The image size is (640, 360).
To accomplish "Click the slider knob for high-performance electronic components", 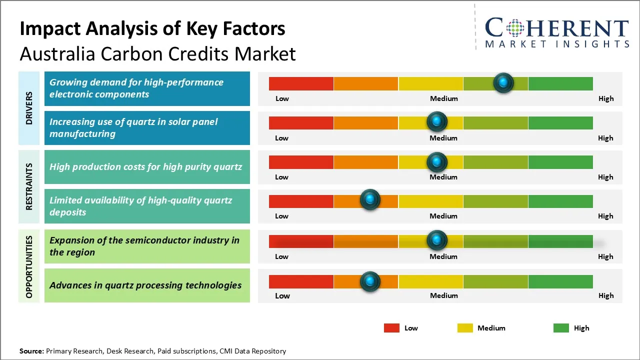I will (x=503, y=82).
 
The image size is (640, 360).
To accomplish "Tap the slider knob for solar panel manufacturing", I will (x=437, y=121).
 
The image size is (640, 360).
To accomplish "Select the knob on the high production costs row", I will (x=437, y=161).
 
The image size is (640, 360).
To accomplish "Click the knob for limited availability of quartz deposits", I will (x=370, y=200).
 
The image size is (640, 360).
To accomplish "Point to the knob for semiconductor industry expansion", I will (x=437, y=240).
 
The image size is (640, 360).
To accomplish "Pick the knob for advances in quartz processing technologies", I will (x=370, y=281).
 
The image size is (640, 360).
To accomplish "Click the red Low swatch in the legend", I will (x=391, y=328).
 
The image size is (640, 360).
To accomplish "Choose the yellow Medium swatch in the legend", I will (x=465, y=328).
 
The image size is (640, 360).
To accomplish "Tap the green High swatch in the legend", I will (x=561, y=328).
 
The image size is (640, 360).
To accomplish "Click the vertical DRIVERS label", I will (x=29, y=108).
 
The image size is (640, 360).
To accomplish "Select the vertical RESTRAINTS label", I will (x=29, y=186).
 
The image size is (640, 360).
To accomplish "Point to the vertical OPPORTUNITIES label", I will (x=29, y=266).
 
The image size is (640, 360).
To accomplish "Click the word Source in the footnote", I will (x=31, y=351).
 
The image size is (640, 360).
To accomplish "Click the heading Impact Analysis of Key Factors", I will (x=152, y=29).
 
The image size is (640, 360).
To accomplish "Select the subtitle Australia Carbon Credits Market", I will (x=157, y=53).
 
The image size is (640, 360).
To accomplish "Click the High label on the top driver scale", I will (x=605, y=98).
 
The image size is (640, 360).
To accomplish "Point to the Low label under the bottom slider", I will (x=282, y=295).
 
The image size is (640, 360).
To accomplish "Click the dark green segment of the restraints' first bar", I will (x=560, y=162).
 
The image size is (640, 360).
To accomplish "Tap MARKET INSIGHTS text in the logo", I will (x=557, y=44).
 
